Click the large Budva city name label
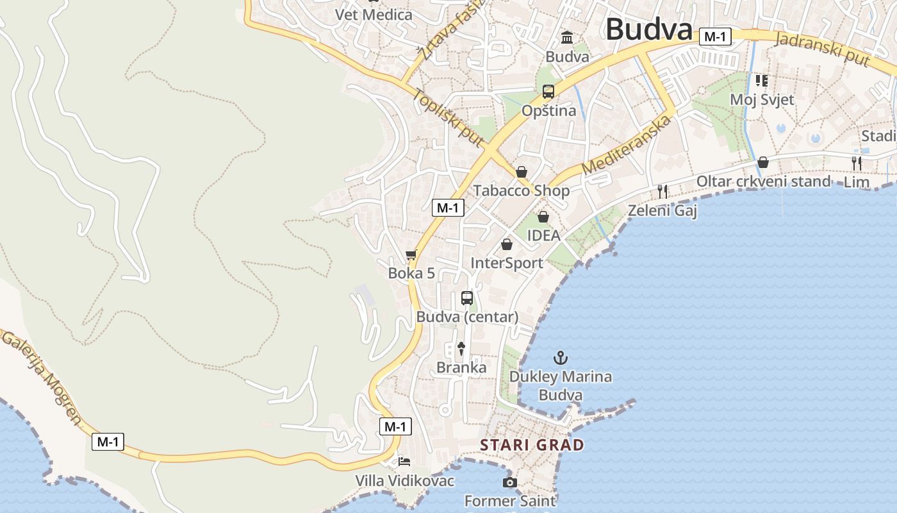(x=648, y=29)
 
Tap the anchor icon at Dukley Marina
(x=561, y=357)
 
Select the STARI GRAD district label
(x=532, y=445)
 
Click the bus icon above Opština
(x=548, y=92)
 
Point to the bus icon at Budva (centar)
(x=467, y=298)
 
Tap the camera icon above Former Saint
(x=509, y=482)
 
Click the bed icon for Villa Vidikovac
(x=404, y=461)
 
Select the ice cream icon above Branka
(x=461, y=348)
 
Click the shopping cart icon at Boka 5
(x=411, y=255)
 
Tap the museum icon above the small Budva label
(x=567, y=38)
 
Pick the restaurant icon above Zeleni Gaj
(x=662, y=191)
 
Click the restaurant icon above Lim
(x=857, y=163)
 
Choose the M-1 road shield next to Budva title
(x=714, y=37)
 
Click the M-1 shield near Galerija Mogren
(x=108, y=441)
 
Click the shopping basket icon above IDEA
(x=543, y=217)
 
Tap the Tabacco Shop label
(x=521, y=190)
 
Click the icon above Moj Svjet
(x=761, y=81)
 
